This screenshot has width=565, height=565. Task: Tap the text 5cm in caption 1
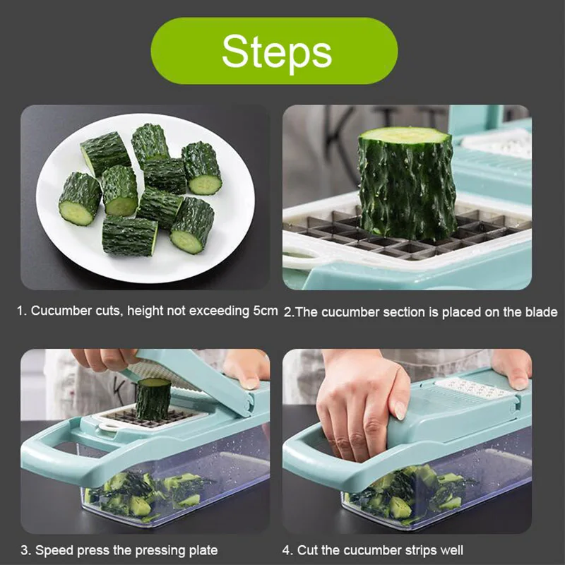(266, 310)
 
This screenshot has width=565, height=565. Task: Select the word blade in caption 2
(541, 311)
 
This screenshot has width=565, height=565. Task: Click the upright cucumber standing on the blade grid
(407, 184)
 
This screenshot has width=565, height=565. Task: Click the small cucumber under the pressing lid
(153, 398)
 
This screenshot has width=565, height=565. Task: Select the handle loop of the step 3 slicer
(54, 456)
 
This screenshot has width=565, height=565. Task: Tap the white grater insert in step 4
(474, 388)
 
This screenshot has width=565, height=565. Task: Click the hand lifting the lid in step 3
(105, 359)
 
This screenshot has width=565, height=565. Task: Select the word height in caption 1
(144, 310)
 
